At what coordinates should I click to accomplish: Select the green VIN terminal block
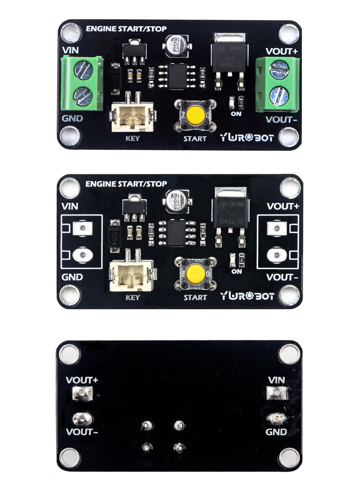point(83,82)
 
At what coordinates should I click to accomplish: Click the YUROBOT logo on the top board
point(247,138)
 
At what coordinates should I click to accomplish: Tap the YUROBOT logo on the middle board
point(247,296)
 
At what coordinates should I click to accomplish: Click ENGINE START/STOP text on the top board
point(126,29)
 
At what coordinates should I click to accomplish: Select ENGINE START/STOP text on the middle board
point(126,184)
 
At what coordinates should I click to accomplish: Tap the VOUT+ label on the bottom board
point(82,380)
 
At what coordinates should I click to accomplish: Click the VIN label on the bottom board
point(276,380)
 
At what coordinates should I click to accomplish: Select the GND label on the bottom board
point(276,432)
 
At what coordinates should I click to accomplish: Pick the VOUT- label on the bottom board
point(82,432)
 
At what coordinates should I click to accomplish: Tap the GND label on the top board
point(72,118)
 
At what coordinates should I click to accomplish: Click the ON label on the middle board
point(236,271)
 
